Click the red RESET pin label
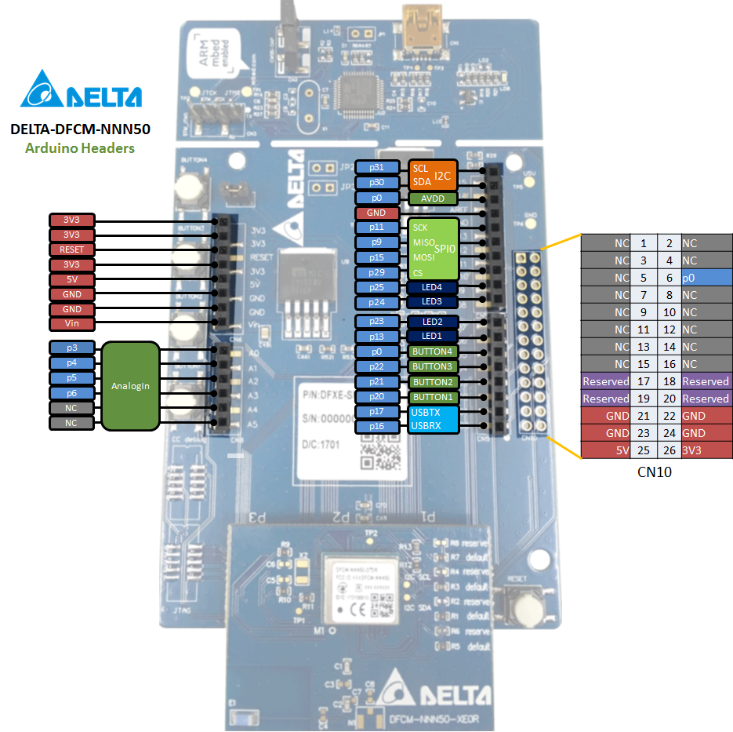[71, 249]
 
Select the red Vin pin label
[71, 324]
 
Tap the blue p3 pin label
[71, 348]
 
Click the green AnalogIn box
[130, 386]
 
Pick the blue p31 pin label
[377, 168]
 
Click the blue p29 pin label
[377, 272]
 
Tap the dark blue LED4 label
[432, 287]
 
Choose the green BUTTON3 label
[432, 366]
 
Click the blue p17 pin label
[377, 412]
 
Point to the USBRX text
[426, 426]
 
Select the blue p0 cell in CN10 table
[706, 278]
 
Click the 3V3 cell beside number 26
[706, 450]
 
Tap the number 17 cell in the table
[643, 381]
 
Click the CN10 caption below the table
[655, 472]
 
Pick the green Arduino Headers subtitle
[80, 147]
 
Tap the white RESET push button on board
[521, 605]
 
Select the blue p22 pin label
[377, 366]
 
